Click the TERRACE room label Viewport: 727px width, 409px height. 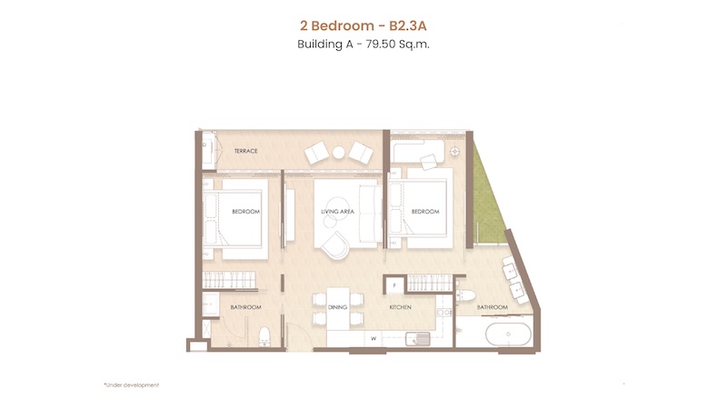click(245, 151)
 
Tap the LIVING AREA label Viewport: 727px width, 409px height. click(337, 212)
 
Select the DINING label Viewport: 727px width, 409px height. click(337, 307)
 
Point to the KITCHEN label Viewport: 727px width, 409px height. click(400, 307)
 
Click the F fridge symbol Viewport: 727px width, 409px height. click(394, 285)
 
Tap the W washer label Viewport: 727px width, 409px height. click(373, 339)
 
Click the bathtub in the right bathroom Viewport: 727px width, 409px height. click(509, 334)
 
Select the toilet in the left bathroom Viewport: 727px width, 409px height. click(264, 336)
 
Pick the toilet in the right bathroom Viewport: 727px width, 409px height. click(465, 295)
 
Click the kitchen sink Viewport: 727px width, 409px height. click(418, 339)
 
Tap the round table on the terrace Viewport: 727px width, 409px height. click(338, 153)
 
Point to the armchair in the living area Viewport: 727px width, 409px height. click(336, 244)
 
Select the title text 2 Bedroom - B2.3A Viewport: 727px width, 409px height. click(363, 25)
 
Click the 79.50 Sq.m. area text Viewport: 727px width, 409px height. click(398, 45)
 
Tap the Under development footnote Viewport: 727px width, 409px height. click(132, 384)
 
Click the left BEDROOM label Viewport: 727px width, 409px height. click(245, 212)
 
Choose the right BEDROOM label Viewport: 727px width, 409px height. click(425, 212)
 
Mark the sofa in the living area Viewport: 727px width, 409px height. click(371, 214)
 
